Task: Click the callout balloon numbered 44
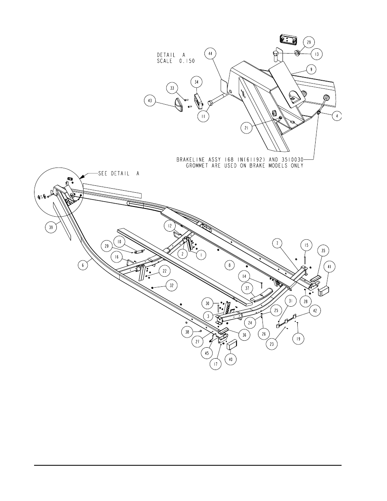tap(211, 54)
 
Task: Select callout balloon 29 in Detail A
tap(309, 42)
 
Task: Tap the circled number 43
tap(150, 101)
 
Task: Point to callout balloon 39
tap(51, 227)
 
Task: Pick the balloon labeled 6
tap(83, 265)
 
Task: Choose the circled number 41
tap(329, 267)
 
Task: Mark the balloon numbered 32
tap(172, 286)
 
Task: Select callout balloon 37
tap(247, 288)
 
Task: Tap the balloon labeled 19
tap(298, 339)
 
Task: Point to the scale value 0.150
tap(186, 61)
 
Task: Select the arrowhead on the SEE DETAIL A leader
tap(81, 177)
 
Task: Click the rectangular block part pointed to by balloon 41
tap(324, 291)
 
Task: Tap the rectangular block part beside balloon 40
tap(232, 345)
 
